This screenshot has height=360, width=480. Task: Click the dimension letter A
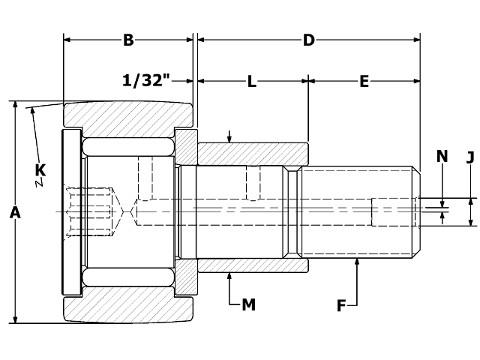click(14, 213)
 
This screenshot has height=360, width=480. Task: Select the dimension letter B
click(128, 40)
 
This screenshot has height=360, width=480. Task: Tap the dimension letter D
click(308, 40)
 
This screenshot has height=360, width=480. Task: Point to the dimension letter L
click(252, 82)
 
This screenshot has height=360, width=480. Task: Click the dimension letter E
click(364, 82)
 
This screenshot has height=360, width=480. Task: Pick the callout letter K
click(40, 171)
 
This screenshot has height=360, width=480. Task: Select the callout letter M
click(248, 304)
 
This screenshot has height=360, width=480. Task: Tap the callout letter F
click(341, 305)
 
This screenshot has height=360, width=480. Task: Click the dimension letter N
click(442, 156)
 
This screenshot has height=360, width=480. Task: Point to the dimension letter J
click(470, 157)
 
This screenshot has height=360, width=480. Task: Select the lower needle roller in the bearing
click(128, 277)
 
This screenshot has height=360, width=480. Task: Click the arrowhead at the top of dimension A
click(15, 106)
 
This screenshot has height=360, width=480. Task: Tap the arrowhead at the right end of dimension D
click(415, 40)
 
